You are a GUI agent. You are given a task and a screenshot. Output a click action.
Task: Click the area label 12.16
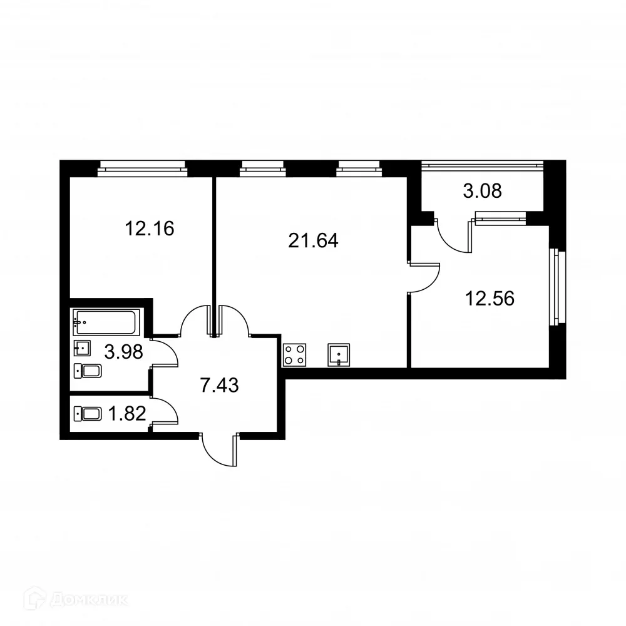point(149,228)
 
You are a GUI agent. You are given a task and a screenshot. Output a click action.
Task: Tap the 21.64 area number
point(313,240)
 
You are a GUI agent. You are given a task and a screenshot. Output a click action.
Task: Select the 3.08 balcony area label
point(482,190)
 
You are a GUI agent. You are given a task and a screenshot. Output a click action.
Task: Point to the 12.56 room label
point(490,299)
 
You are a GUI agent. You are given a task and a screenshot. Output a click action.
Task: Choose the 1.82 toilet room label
point(128,414)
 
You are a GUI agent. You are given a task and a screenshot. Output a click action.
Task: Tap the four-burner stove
point(295,355)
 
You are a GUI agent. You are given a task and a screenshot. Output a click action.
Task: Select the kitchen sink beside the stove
point(339,355)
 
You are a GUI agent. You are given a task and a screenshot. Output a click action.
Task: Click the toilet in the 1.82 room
point(88,413)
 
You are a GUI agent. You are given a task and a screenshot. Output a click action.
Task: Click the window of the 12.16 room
point(143,167)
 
